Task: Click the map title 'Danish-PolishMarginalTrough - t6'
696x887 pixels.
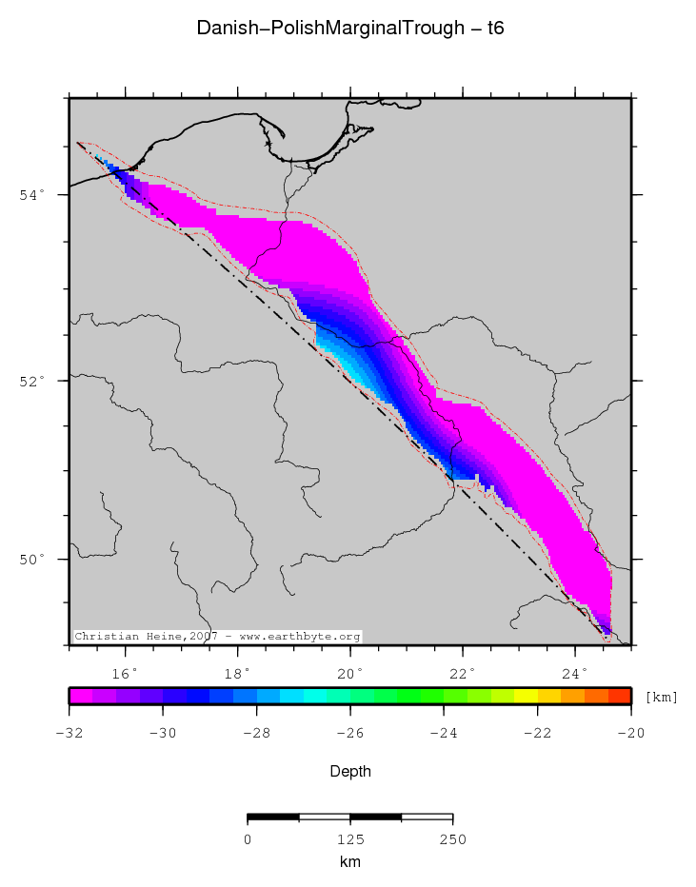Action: coord(349,29)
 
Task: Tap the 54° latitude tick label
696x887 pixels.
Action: coord(33,195)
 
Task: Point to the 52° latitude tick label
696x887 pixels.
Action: coord(33,381)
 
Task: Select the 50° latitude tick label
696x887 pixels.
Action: coord(33,560)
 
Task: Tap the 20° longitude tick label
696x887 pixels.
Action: coord(350,673)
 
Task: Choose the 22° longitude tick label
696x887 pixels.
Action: coord(463,673)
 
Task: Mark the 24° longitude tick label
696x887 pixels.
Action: coord(575,673)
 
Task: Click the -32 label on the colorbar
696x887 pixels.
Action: coord(69,733)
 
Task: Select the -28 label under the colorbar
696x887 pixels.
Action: coord(256,733)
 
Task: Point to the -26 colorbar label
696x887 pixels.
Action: coord(349,733)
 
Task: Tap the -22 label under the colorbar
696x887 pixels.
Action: coord(537,733)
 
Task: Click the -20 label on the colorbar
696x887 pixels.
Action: coord(630,733)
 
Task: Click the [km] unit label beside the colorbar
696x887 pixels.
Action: coord(662,698)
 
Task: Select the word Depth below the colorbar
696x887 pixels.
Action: coord(349,771)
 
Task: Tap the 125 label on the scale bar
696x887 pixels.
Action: coord(350,838)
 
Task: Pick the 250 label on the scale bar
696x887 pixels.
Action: coord(452,838)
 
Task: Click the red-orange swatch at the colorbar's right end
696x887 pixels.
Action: coord(620,696)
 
